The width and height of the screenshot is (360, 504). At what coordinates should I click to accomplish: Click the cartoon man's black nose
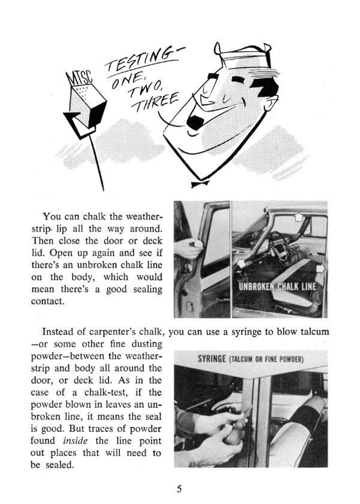point(196,121)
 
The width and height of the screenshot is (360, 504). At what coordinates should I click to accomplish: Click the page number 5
point(179,487)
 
